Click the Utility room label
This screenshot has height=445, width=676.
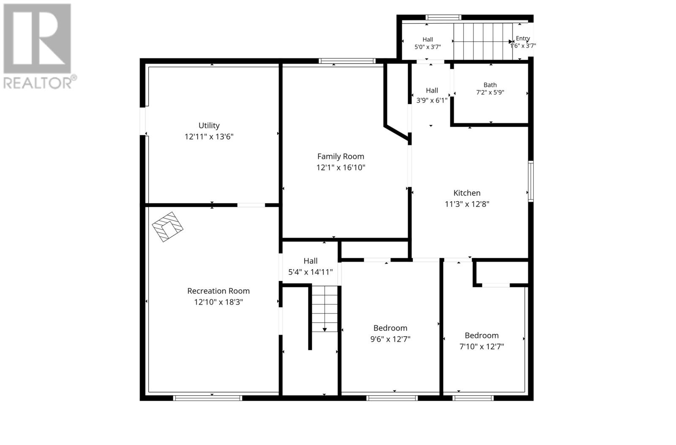[x=209, y=125]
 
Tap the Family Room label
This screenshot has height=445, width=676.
[x=341, y=156]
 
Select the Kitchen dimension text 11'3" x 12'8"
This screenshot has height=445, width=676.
[x=467, y=204]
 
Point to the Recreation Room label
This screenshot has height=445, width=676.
[x=218, y=291]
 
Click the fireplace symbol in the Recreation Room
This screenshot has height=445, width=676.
[x=167, y=227]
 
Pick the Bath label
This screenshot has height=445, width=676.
[x=490, y=85]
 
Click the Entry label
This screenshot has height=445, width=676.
[x=523, y=38]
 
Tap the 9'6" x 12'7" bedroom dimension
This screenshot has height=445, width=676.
[x=390, y=339]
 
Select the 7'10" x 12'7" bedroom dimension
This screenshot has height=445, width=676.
[x=482, y=347]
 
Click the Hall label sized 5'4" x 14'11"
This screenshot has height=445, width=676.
[x=311, y=261]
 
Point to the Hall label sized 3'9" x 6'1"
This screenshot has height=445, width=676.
[x=432, y=90]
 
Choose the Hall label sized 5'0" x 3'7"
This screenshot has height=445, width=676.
[x=428, y=40]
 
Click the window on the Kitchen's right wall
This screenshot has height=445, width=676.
[x=531, y=181]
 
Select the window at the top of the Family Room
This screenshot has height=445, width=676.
[x=347, y=61]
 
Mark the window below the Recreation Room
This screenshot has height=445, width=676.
[x=207, y=398]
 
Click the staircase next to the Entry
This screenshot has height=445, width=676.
[x=483, y=42]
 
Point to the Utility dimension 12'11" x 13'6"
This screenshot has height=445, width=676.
[x=209, y=137]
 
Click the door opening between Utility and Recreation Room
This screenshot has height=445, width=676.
[x=251, y=205]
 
